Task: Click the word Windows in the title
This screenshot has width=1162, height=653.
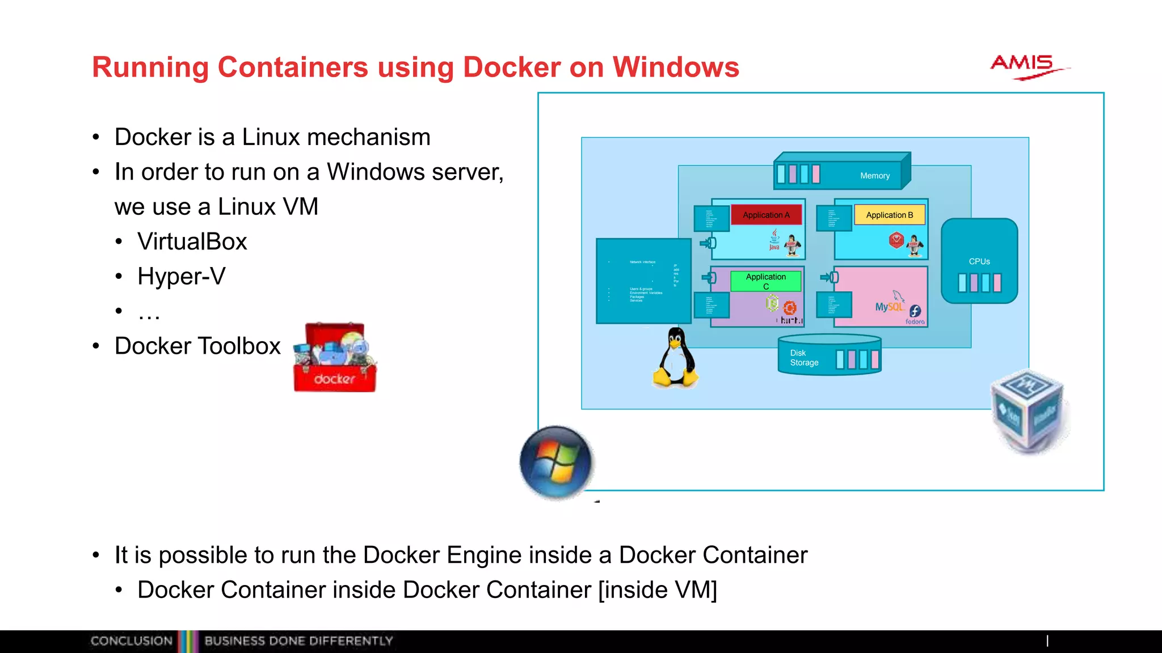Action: point(676,67)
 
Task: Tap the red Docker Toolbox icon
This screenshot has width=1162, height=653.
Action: point(335,358)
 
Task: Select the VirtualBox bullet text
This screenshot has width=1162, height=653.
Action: point(192,241)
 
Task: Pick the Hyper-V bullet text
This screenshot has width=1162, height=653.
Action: point(181,277)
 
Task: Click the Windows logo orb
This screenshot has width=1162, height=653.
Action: point(556,462)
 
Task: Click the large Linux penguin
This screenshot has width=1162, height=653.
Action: point(675,358)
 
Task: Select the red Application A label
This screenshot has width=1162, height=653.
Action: point(766,215)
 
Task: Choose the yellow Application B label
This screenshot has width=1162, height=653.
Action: point(889,215)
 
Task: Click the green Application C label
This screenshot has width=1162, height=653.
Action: point(765,281)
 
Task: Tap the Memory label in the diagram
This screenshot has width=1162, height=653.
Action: point(874,176)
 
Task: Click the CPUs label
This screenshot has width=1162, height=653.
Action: point(979,261)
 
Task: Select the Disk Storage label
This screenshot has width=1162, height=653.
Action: point(804,358)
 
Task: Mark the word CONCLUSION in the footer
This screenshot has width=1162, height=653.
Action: point(131,641)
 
